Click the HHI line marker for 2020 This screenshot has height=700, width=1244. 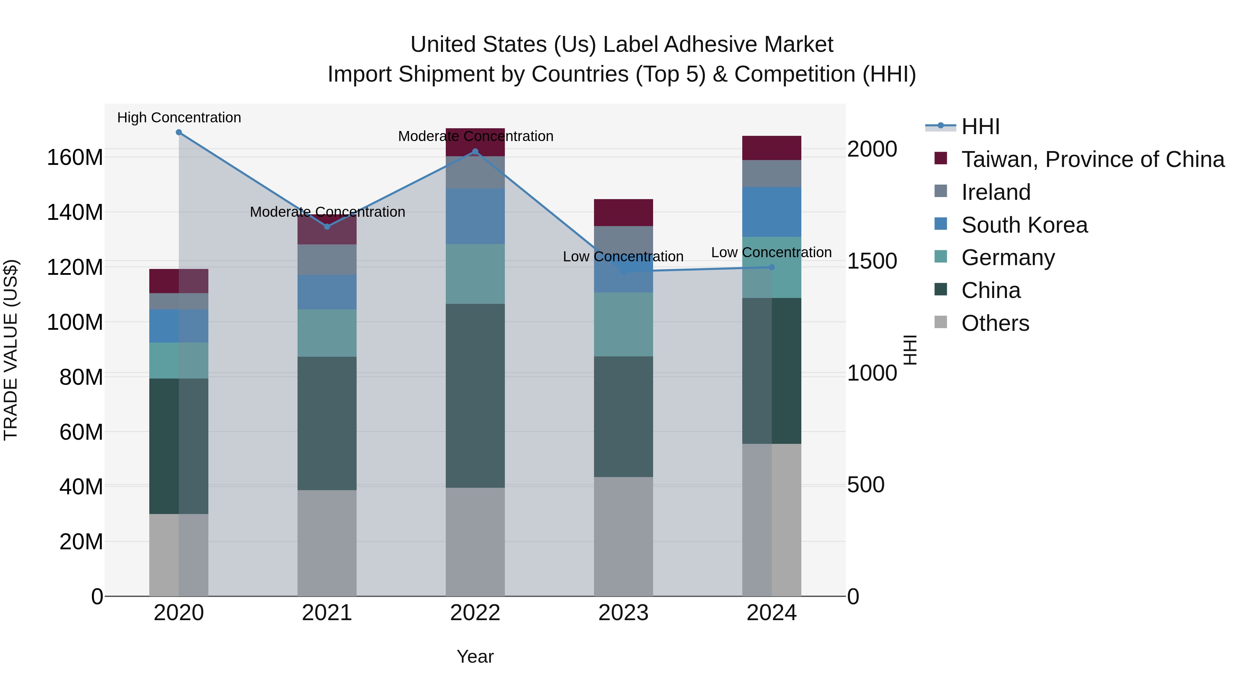179,132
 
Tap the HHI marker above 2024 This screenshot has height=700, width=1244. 772,267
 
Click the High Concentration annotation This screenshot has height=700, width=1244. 179,118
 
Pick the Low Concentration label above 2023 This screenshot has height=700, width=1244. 623,256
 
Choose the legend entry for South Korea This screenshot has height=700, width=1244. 1024,225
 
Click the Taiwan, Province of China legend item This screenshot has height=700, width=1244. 1092,159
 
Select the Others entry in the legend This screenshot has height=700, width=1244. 995,323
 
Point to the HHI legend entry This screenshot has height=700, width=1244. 980,127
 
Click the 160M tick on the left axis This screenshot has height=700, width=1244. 75,158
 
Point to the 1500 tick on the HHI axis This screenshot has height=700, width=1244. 872,261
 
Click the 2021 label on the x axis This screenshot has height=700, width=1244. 327,613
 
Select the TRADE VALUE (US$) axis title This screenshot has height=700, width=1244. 11,350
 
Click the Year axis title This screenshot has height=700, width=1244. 475,656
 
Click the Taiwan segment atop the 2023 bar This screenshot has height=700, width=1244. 623,213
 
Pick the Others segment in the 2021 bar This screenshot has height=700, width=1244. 327,543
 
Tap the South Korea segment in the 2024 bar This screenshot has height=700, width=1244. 772,212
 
